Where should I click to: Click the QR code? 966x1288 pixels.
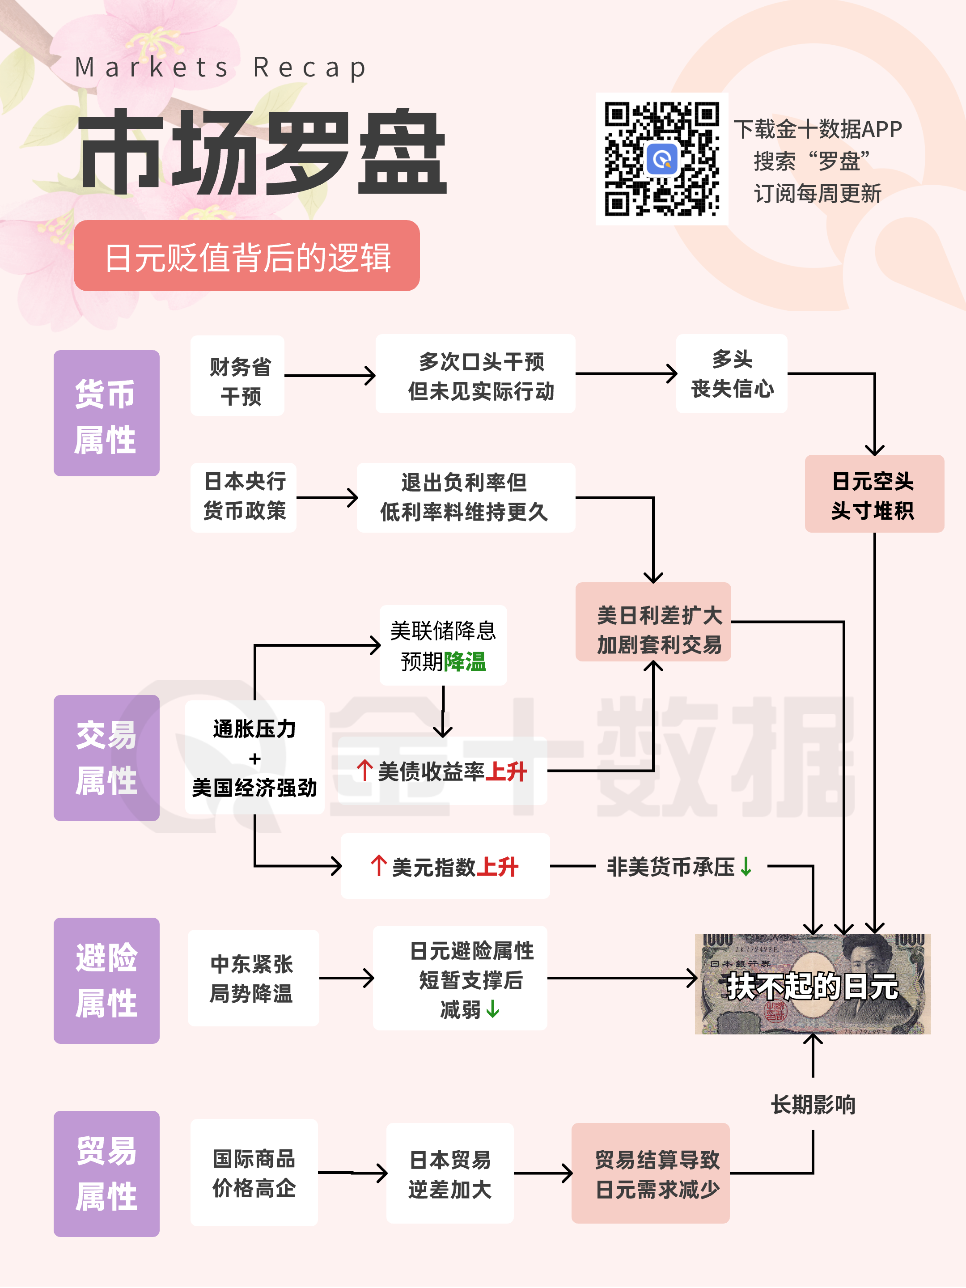661,158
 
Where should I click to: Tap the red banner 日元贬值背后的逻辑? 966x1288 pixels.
246,256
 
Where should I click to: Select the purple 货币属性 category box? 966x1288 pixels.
106,413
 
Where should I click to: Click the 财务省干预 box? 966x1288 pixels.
237,376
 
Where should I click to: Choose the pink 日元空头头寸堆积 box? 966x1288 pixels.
873,494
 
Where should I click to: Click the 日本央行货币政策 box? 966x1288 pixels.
243,497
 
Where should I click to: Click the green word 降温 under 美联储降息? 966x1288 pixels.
465,661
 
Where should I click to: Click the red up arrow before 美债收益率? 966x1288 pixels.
364,771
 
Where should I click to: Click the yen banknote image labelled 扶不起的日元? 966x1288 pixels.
812,984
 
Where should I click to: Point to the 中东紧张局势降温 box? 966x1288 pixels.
253,978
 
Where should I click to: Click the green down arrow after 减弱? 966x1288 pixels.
492,1008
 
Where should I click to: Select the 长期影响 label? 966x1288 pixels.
813,1105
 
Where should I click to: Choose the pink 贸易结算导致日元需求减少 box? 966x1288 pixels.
650,1174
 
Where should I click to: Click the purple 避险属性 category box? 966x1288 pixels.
106,981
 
